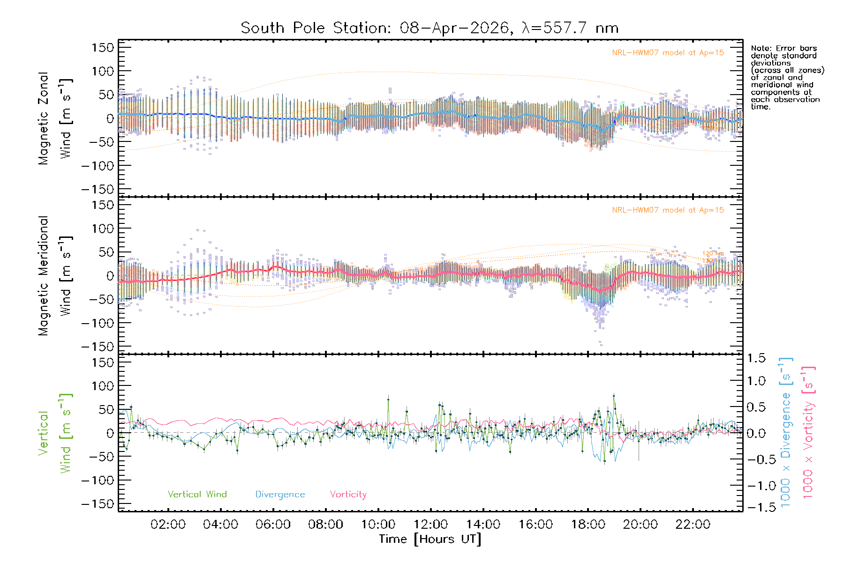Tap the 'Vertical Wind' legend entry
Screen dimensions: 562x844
click(x=197, y=495)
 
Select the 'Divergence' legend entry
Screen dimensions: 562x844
click(x=280, y=495)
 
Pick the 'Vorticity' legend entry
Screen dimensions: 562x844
click(x=348, y=495)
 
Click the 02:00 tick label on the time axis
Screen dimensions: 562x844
click(x=168, y=525)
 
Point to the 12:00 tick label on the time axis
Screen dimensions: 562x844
click(x=430, y=525)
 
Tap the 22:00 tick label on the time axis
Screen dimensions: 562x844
click(x=693, y=525)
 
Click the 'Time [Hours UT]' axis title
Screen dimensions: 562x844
click(x=430, y=539)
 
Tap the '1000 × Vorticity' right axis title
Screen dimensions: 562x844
click(x=808, y=432)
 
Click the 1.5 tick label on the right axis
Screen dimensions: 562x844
click(x=756, y=358)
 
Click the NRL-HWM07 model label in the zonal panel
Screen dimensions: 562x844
click(x=668, y=53)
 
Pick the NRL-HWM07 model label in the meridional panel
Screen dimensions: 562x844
click(x=668, y=210)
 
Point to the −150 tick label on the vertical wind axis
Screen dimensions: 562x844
click(x=98, y=504)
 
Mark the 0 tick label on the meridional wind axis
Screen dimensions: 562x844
click(x=110, y=276)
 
